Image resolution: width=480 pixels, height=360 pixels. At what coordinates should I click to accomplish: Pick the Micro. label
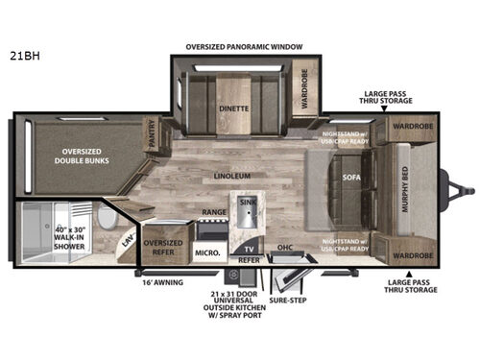pyautogui.click(x=208, y=252)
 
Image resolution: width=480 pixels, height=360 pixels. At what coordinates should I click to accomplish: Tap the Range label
pyautogui.click(x=213, y=211)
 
